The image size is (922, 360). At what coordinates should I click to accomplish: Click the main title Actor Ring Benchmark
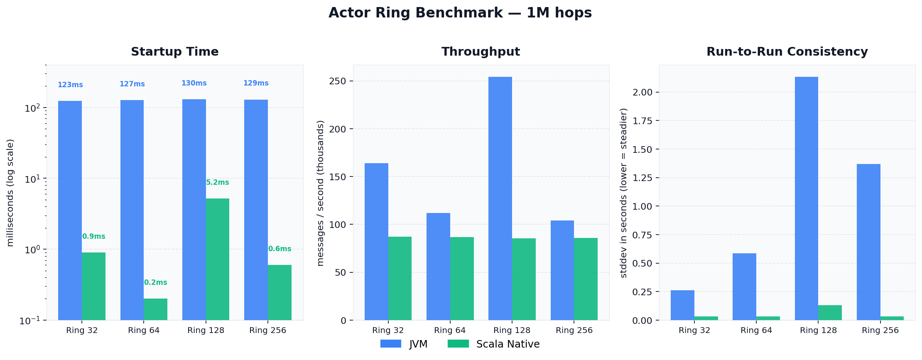coord(460,13)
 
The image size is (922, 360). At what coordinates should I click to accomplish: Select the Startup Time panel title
coord(174,52)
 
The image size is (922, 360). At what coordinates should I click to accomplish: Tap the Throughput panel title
coord(481,52)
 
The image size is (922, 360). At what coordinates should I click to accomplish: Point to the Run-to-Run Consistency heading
coord(787,52)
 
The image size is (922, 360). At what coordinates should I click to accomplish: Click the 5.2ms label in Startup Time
coord(217,183)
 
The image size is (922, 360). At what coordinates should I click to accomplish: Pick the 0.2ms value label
coord(155,283)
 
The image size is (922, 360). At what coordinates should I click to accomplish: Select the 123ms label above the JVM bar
coord(70,85)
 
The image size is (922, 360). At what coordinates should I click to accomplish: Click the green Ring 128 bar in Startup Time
coord(217,259)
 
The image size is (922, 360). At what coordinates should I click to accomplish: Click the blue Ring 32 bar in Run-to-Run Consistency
coord(682,305)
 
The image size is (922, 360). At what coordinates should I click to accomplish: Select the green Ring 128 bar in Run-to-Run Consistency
coord(830,313)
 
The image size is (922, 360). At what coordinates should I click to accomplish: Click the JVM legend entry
coord(404,344)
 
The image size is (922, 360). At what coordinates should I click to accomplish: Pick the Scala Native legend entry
coord(493,344)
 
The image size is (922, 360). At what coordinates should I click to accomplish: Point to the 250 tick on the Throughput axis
coord(338,81)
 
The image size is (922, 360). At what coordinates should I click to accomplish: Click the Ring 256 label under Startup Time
coord(267,331)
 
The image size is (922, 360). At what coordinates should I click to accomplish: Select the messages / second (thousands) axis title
coord(320,193)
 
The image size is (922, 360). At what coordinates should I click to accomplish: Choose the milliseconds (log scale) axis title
coord(10,193)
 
